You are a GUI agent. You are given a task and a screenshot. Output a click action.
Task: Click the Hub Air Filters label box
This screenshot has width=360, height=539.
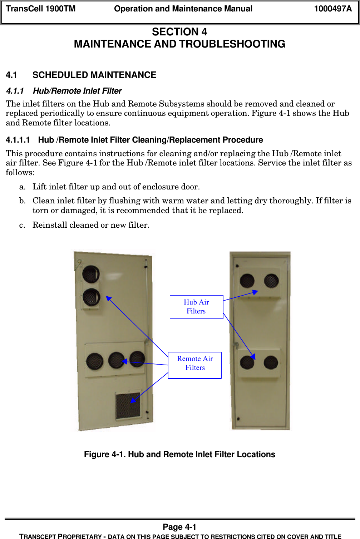click(x=196, y=307)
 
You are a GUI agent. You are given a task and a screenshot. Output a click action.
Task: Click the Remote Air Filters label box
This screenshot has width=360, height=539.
click(x=195, y=365)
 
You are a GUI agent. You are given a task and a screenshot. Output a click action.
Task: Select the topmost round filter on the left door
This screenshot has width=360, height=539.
click(x=91, y=274)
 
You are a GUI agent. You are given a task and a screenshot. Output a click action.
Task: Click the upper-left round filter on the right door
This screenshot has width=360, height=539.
click(x=247, y=281)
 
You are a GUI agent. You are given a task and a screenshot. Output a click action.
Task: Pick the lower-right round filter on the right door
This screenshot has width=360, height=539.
click(x=271, y=362)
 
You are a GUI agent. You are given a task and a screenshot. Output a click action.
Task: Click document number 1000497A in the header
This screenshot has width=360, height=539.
click(x=332, y=9)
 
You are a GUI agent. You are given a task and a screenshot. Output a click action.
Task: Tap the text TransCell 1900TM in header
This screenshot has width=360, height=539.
click(x=41, y=9)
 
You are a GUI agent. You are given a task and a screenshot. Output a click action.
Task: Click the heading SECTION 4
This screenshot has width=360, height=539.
click(x=179, y=32)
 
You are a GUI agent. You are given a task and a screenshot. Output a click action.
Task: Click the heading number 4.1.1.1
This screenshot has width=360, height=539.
click(x=18, y=140)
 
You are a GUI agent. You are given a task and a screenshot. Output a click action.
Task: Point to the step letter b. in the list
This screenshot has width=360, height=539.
click(x=23, y=201)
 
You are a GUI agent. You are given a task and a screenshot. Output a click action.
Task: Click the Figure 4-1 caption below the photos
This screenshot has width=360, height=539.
click(x=179, y=454)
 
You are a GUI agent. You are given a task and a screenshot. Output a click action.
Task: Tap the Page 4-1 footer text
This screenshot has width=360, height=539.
click(x=179, y=527)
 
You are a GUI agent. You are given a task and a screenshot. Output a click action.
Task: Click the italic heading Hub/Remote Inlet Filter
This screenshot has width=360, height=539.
click(x=77, y=91)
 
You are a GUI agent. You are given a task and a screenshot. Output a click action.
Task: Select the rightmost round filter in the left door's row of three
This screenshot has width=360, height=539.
click(x=137, y=359)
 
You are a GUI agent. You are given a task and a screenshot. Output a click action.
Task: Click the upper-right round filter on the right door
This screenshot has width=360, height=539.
click(x=271, y=281)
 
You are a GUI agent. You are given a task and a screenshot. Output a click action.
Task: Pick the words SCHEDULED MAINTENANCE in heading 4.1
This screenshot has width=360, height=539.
click(x=94, y=75)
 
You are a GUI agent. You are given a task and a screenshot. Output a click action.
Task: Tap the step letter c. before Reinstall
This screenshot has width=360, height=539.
click(x=22, y=225)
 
